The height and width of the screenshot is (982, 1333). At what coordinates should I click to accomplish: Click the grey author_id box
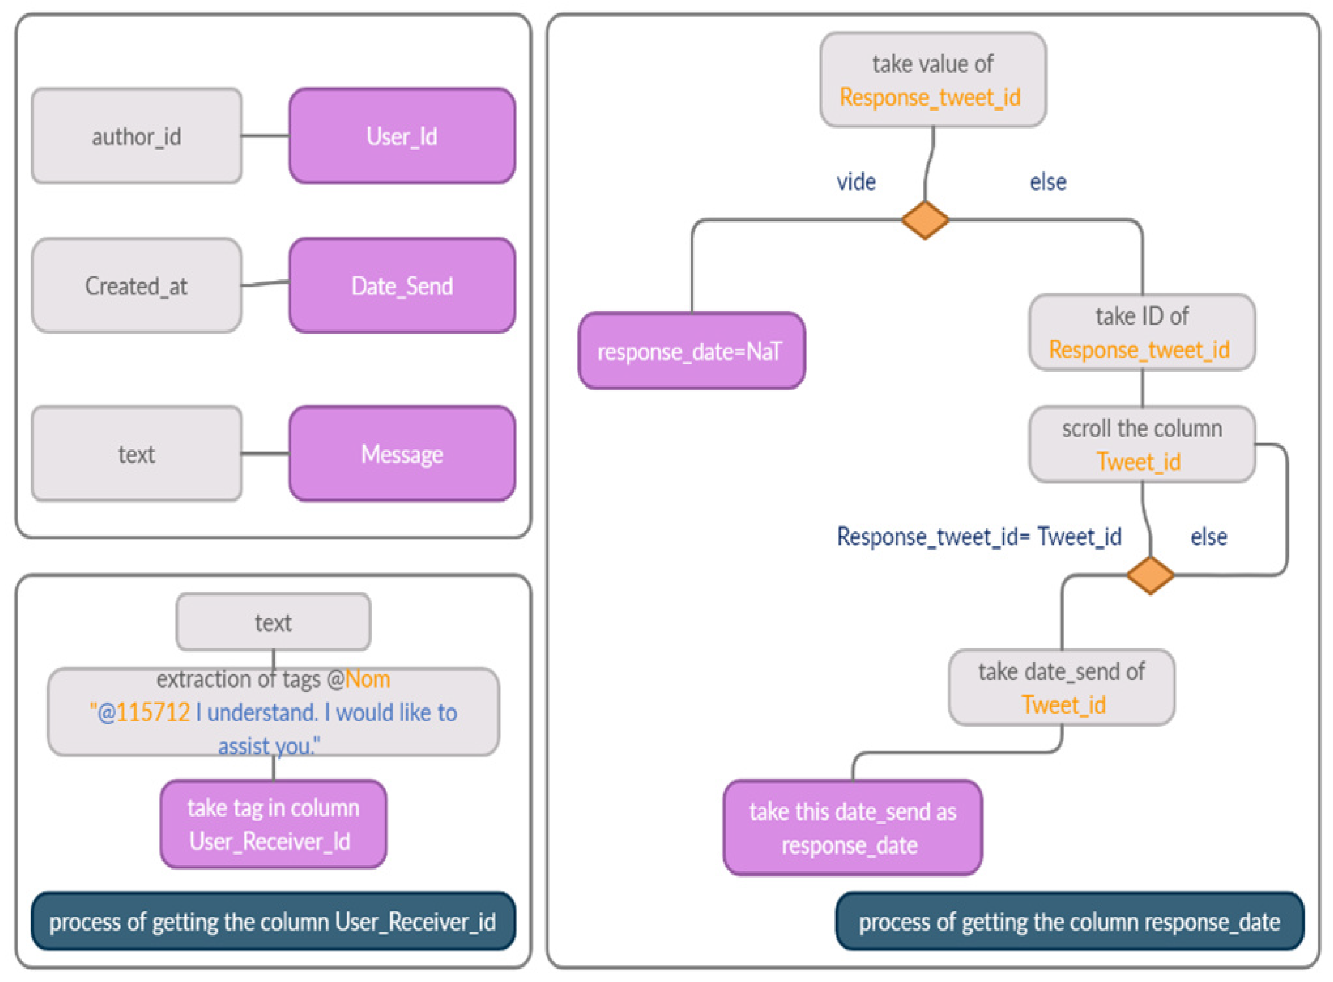136,136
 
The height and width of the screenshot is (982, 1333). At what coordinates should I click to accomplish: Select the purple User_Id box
402,136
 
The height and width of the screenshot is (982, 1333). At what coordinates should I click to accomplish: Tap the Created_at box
136,286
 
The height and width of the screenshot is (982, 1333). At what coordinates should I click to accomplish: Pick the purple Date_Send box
402,286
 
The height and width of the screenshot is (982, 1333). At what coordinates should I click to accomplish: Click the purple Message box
402,454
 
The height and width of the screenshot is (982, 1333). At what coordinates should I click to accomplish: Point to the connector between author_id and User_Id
265,136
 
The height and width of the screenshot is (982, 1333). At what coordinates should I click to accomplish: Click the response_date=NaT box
691,351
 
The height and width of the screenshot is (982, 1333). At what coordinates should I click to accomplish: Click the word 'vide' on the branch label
856,182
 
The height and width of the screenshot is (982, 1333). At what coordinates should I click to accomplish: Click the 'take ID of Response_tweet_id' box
1142,333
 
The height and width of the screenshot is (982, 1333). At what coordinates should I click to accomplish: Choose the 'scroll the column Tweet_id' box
1142,445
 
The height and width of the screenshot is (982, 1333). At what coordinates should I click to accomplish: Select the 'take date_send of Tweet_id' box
1061,688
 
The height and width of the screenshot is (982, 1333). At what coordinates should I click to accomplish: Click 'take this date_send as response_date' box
852,828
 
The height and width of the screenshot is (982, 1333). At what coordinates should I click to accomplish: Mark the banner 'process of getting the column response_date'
1069,922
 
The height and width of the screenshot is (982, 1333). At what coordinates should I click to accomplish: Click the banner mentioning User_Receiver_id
273,922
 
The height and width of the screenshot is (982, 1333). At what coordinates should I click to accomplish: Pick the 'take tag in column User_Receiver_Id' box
273,824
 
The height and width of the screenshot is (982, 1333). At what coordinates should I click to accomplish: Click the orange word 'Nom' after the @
367,679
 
